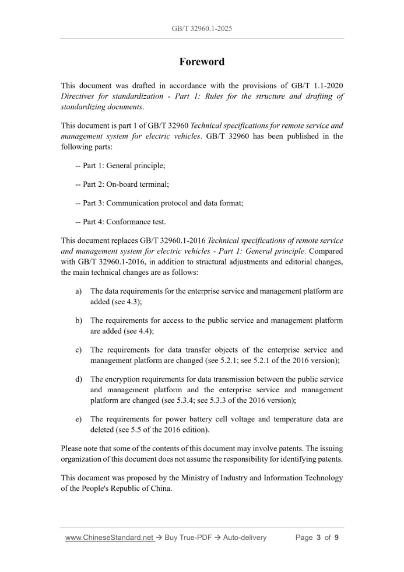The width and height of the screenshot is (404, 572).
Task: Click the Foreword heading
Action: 202,62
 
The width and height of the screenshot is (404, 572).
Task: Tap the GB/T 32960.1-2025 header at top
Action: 202,28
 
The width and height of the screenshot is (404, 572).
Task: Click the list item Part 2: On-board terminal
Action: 122,184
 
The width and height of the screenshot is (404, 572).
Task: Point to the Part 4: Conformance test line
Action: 121,222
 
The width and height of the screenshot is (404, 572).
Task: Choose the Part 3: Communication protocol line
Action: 159,203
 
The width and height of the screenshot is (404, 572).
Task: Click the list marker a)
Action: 78,291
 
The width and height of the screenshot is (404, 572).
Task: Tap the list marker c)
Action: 78,350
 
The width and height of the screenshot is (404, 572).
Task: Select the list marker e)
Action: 78,419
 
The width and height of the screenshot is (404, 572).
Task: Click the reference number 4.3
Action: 134,302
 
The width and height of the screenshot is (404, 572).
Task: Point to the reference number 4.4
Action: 146,331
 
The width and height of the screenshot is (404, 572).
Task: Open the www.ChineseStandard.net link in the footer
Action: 109,538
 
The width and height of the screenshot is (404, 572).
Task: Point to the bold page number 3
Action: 319,538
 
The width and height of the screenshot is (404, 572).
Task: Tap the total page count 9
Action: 336,538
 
